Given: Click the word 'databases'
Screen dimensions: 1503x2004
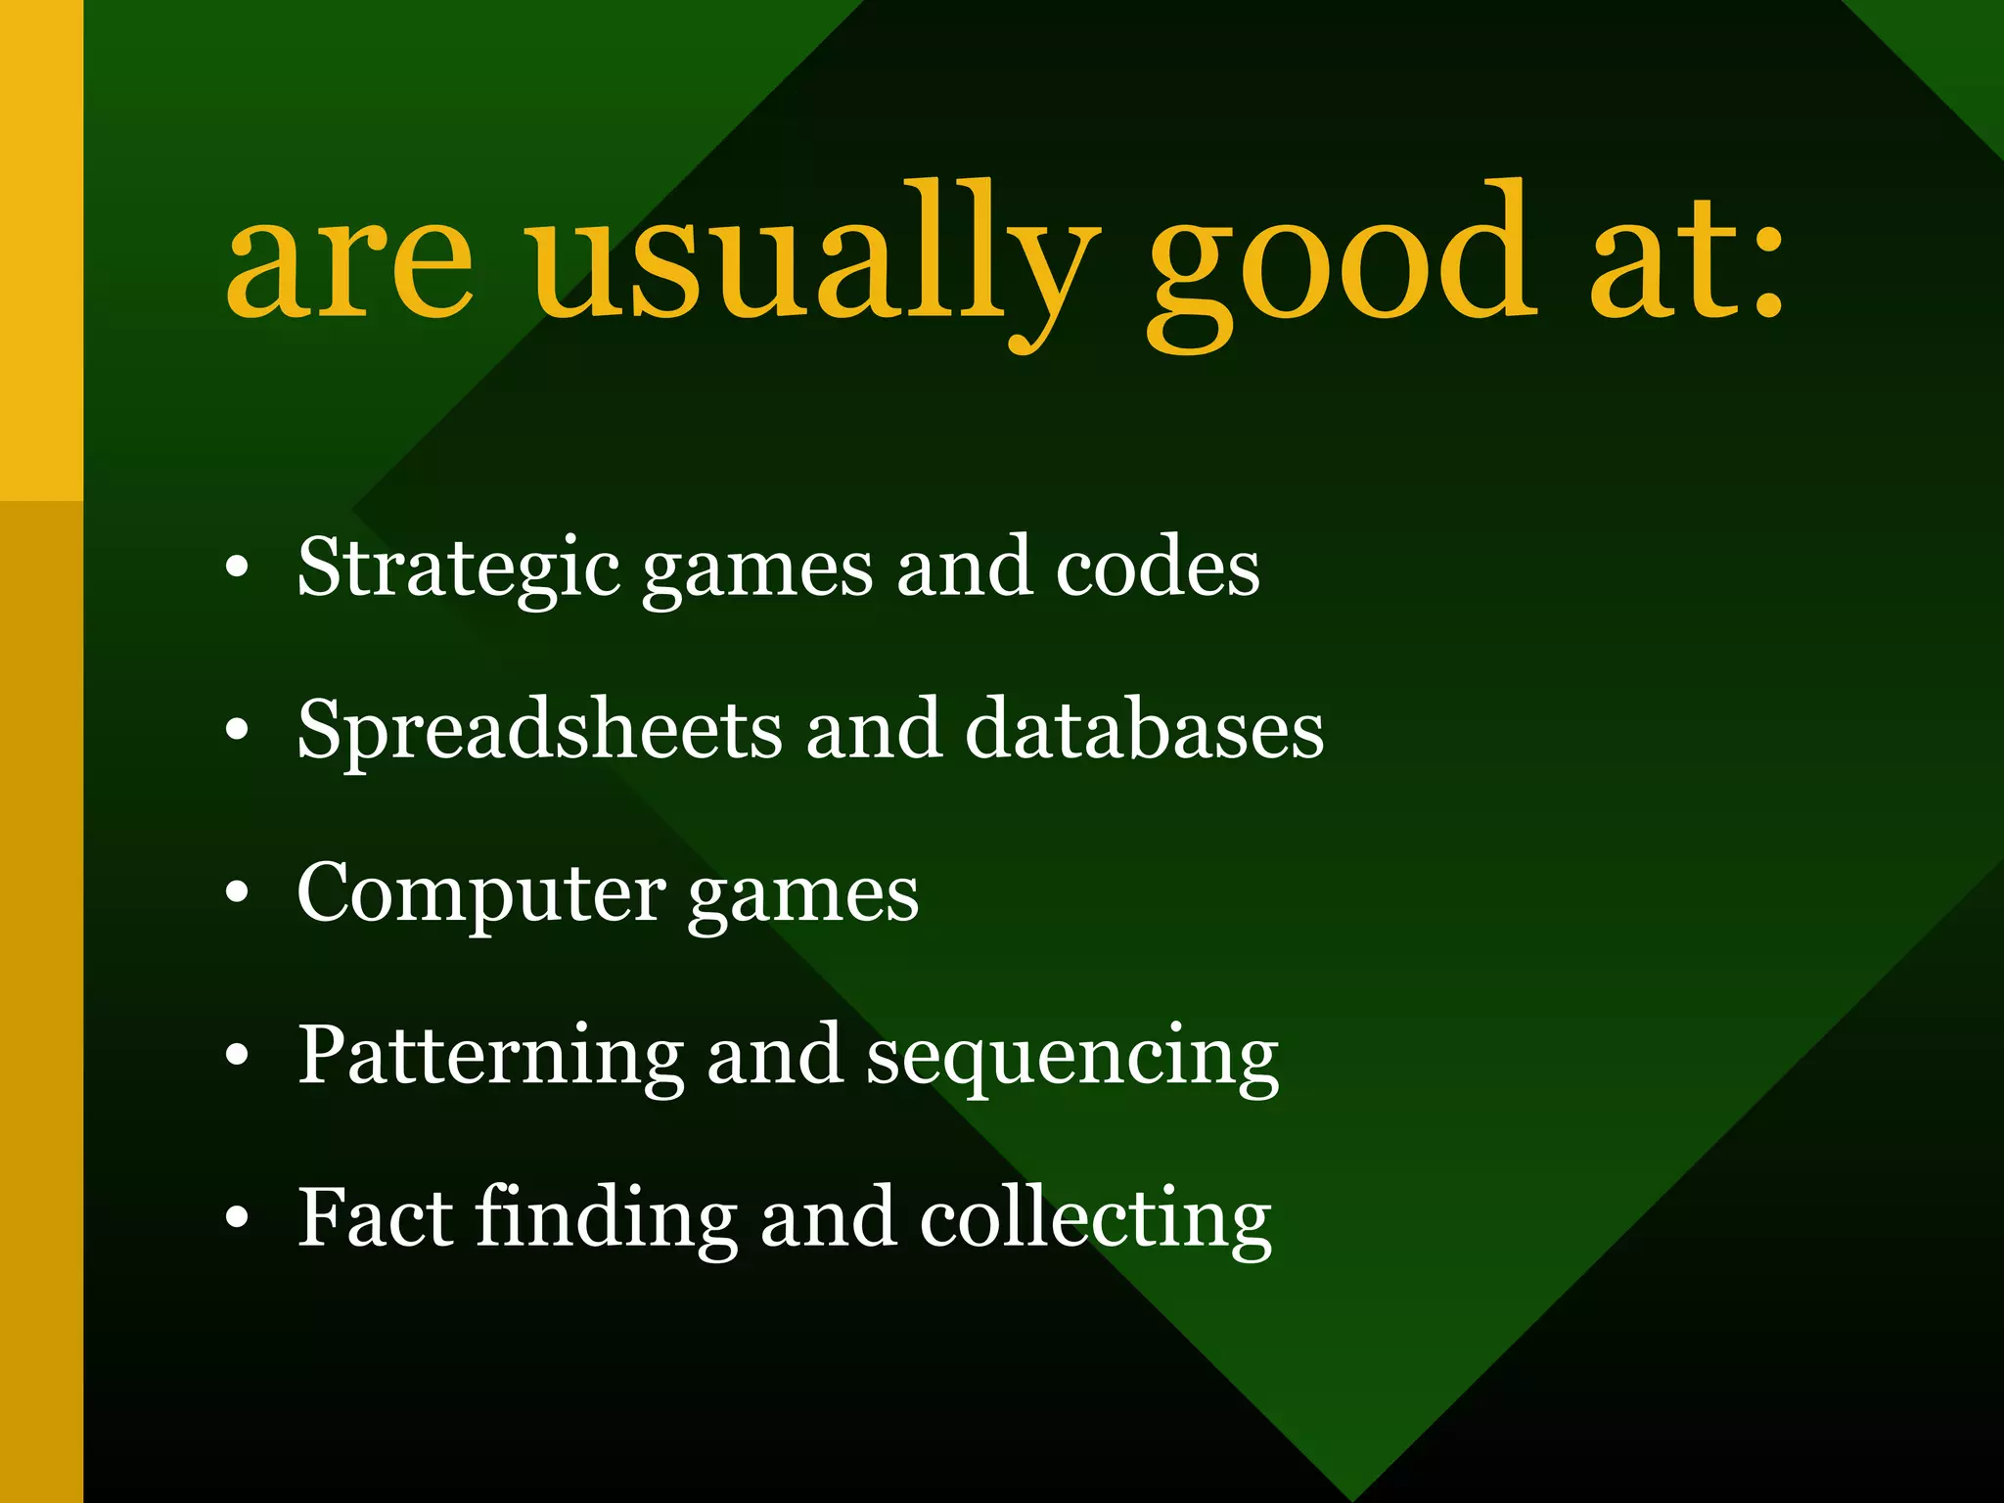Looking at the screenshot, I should click(1145, 730).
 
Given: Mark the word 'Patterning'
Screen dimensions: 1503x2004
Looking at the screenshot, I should click(490, 1057).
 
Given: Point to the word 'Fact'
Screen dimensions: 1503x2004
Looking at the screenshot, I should click(375, 1218).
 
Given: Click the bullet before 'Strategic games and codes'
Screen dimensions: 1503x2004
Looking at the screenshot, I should click(237, 569).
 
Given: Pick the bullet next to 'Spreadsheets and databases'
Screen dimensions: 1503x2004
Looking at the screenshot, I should click(237, 731).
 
